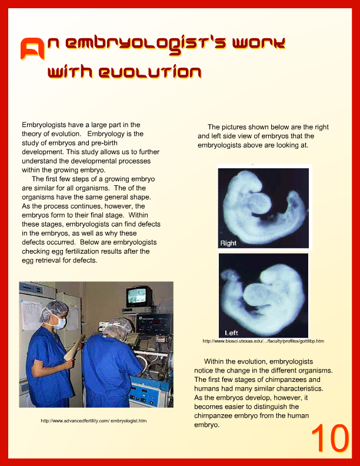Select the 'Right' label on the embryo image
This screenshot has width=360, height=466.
click(x=228, y=242)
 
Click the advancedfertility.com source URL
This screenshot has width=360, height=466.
click(x=94, y=421)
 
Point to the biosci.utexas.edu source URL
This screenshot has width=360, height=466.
click(x=263, y=341)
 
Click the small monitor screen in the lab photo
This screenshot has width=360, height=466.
click(x=139, y=295)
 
